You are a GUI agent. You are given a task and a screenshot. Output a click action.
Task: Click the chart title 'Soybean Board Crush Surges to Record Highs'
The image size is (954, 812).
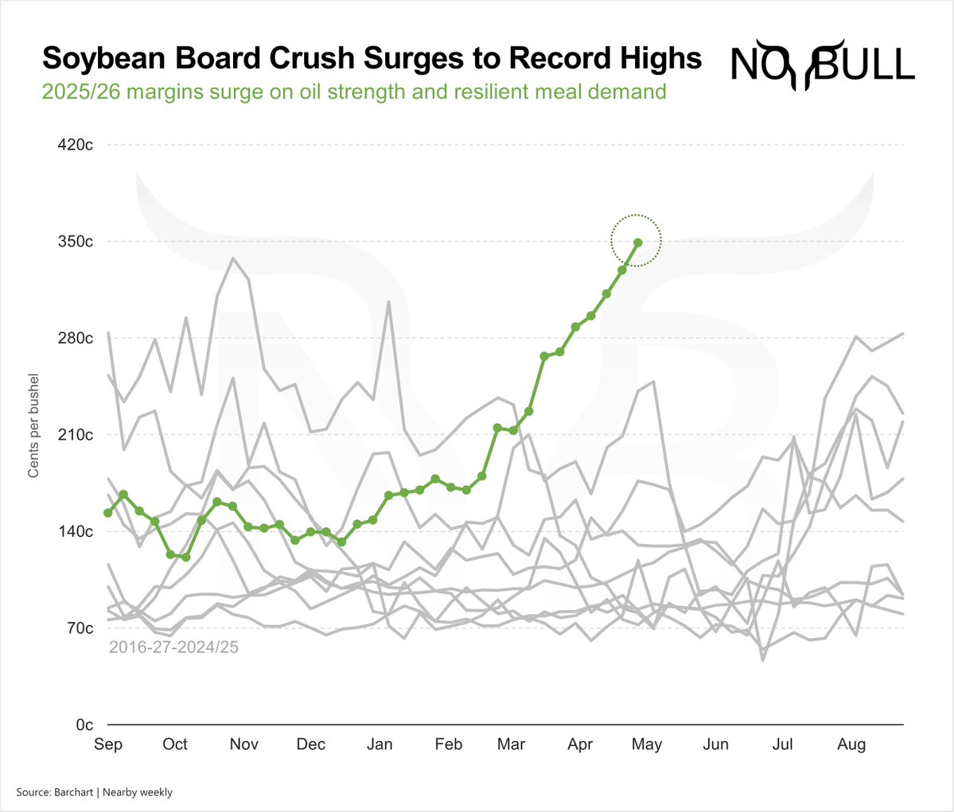372,59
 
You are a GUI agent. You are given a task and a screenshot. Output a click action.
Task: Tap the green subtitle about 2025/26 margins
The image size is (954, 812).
354,91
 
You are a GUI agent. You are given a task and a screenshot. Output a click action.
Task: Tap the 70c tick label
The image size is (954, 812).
80,628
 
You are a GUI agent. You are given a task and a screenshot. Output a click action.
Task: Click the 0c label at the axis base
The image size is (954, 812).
84,725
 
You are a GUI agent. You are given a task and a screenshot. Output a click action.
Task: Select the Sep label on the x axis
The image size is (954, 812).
108,744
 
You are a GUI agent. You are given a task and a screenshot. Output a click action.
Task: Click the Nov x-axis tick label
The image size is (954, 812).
243,744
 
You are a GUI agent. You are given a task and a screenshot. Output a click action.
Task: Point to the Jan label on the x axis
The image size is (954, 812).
380,744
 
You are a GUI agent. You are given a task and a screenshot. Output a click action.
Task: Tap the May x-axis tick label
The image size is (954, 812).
647,744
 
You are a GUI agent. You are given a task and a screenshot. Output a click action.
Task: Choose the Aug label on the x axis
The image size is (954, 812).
851,744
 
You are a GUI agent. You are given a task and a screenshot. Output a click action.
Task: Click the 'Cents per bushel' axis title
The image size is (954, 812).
33,425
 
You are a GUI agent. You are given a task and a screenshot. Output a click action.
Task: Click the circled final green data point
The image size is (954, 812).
637,242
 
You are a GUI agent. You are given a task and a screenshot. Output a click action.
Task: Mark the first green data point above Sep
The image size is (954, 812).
108,513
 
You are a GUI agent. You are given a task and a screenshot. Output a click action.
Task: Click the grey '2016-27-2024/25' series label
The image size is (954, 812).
173,647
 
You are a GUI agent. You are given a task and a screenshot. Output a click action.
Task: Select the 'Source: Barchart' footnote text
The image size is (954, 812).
94,792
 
